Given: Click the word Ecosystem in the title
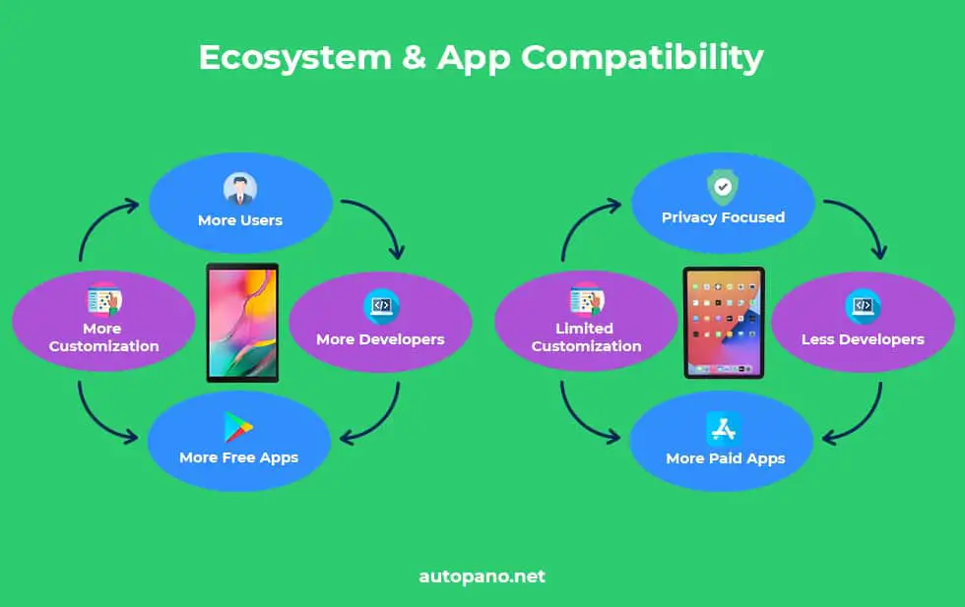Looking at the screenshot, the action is tap(294, 58).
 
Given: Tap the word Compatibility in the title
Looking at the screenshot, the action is tap(642, 59).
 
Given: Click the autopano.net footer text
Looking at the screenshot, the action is tap(482, 577).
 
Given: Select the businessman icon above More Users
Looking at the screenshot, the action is tap(240, 190).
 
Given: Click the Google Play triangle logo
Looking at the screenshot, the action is tap(238, 427).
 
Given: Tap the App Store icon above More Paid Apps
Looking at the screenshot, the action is tap(723, 429).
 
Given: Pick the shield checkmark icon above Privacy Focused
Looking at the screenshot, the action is tap(723, 187).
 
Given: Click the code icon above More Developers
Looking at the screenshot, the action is tap(382, 306).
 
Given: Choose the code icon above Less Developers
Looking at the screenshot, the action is tap(863, 306).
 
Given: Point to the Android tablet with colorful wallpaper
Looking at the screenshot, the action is tap(242, 323).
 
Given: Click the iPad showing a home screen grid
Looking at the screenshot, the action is tap(724, 323).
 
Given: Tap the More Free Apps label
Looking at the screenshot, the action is tap(238, 458).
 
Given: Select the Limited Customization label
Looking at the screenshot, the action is tap(586, 337).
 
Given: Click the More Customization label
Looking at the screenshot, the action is tap(104, 337).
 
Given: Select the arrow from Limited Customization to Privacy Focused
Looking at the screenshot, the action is tap(580, 220).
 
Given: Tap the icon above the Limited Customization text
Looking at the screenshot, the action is tap(587, 300).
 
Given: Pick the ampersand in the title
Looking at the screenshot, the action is tap(414, 58).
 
